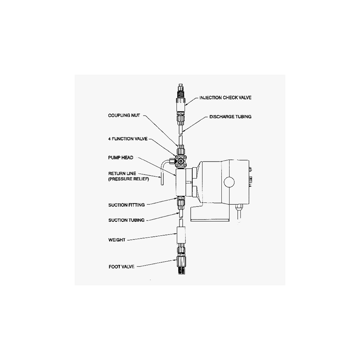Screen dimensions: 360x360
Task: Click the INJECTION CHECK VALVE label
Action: (225, 98)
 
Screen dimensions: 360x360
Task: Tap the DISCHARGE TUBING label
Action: (230, 117)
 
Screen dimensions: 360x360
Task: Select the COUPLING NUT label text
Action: (124, 115)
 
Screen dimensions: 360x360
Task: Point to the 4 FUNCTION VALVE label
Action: (128, 139)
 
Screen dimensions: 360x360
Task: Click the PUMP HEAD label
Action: (121, 157)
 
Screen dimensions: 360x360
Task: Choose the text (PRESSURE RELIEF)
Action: (128, 179)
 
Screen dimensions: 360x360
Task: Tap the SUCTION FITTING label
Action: (126, 205)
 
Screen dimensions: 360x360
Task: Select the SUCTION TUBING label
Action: (126, 220)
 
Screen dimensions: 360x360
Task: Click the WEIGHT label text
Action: (117, 240)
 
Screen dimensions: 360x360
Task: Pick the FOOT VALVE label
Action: (121, 266)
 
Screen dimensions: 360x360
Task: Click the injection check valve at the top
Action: (181, 98)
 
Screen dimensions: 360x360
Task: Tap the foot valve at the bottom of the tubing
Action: (181, 265)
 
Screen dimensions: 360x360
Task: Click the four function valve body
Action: (181, 161)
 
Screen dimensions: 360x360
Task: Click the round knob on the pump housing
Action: (229, 182)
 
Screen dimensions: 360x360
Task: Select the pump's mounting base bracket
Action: (210, 213)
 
